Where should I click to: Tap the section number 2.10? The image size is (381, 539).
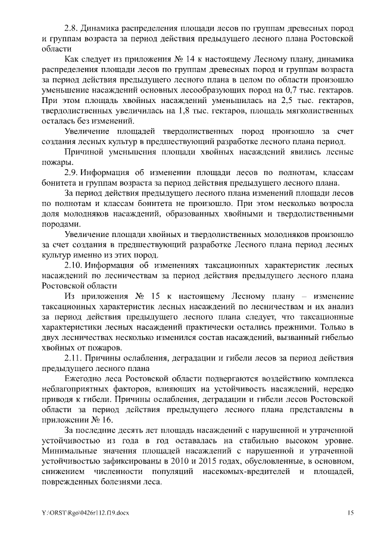click(74, 264)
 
